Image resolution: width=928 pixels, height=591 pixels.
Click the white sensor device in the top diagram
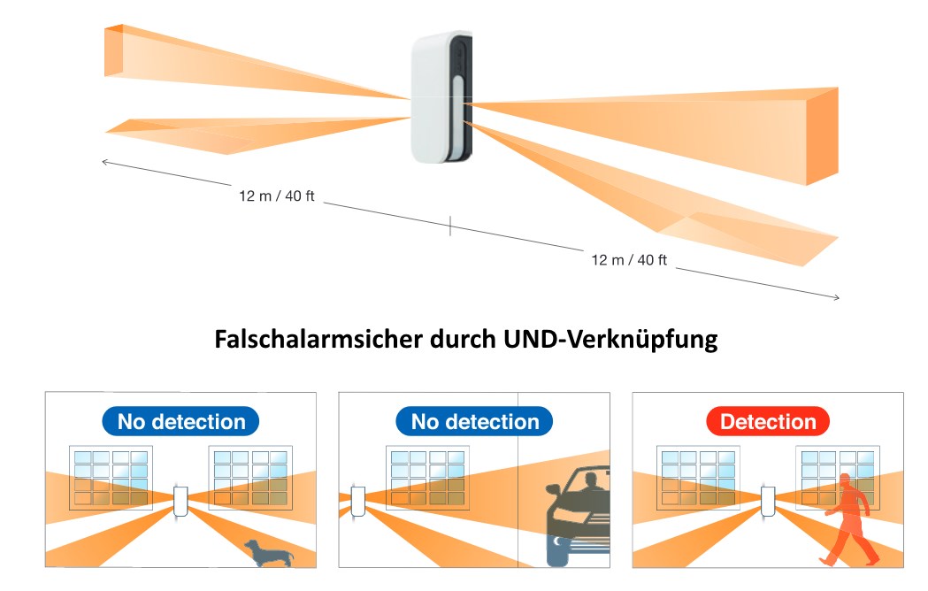[x=441, y=97]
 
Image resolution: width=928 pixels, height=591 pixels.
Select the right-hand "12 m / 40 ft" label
[x=629, y=260]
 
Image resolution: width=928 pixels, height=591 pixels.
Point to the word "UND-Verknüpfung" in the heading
[x=626, y=340]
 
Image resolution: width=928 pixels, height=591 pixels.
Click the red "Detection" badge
[x=767, y=422]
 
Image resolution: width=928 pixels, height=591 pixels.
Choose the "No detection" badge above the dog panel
[x=181, y=422]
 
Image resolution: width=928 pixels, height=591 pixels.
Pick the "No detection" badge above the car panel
[x=475, y=422]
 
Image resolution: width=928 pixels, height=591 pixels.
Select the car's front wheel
[x=559, y=550]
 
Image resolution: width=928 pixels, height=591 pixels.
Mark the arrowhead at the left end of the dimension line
[x=104, y=161]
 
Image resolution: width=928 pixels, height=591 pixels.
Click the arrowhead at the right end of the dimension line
[x=836, y=298]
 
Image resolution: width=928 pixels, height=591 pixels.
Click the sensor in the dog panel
[x=181, y=501]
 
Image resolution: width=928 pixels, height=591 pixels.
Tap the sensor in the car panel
[x=357, y=501]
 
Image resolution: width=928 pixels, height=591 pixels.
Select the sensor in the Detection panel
[x=768, y=501]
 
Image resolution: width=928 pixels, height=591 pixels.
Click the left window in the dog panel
[x=111, y=478]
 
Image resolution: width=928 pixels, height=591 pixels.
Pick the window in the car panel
[x=427, y=478]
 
